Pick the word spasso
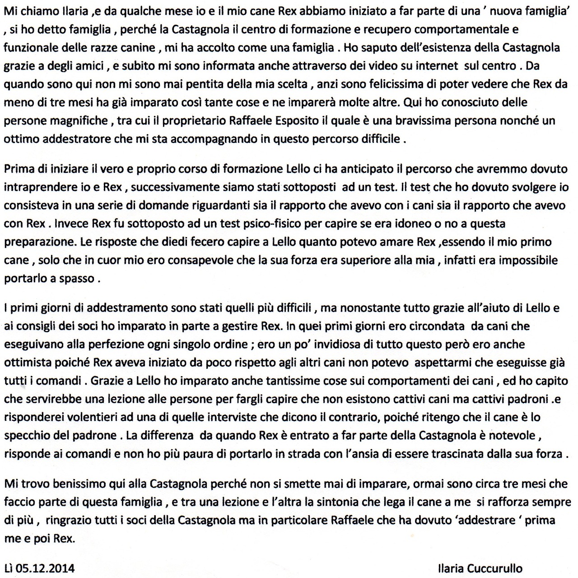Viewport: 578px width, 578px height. (74, 278)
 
